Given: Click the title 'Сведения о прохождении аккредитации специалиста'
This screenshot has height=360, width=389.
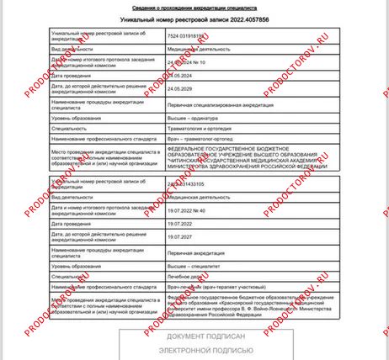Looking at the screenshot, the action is pos(195,5).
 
